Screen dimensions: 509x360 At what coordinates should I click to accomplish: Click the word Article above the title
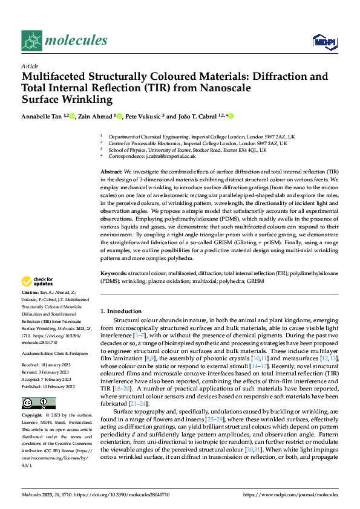click(30, 65)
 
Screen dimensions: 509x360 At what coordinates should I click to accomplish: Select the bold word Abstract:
click(111, 172)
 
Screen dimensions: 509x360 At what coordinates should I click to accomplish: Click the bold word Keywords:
click(113, 273)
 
